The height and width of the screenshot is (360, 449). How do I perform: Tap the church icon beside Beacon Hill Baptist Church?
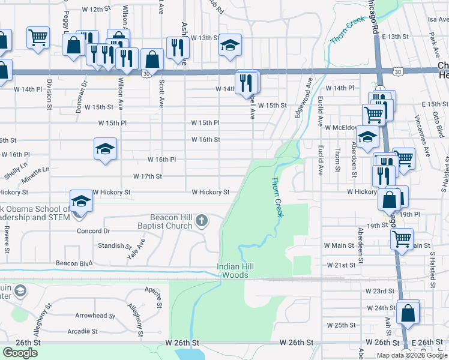pyautogui.click(x=201, y=221)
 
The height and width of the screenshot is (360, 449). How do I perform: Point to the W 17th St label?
pyautogui.click(x=147, y=176)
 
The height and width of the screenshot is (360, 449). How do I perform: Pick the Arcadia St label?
pyautogui.click(x=83, y=331)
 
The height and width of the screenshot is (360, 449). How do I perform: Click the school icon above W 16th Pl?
pyautogui.click(x=105, y=149)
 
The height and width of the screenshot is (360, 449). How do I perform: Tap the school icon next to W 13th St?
pyautogui.click(x=230, y=45)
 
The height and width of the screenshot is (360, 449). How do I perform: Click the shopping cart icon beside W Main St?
pyautogui.click(x=402, y=238)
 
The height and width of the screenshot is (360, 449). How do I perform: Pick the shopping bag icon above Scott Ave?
pyautogui.click(x=152, y=59)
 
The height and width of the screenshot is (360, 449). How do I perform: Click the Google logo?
pyautogui.click(x=20, y=353)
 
